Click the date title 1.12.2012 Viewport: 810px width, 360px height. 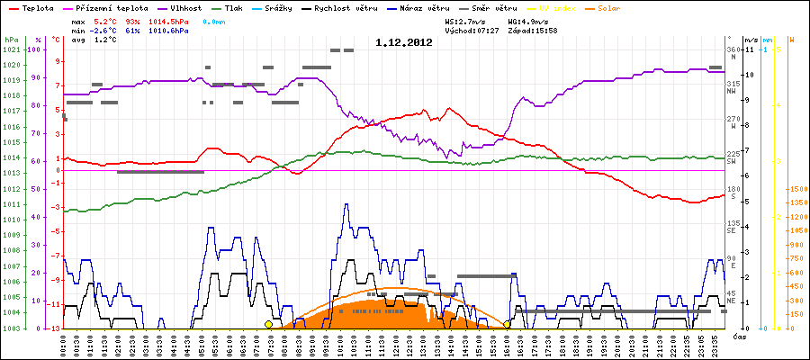(404, 41)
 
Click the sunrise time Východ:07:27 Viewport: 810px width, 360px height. (473, 30)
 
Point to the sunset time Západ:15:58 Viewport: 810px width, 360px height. (532, 30)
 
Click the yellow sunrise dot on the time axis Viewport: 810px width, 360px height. (268, 324)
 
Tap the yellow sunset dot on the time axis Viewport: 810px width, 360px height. (507, 324)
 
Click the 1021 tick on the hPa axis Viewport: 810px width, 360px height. (11, 49)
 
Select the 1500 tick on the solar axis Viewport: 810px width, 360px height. (796, 190)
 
